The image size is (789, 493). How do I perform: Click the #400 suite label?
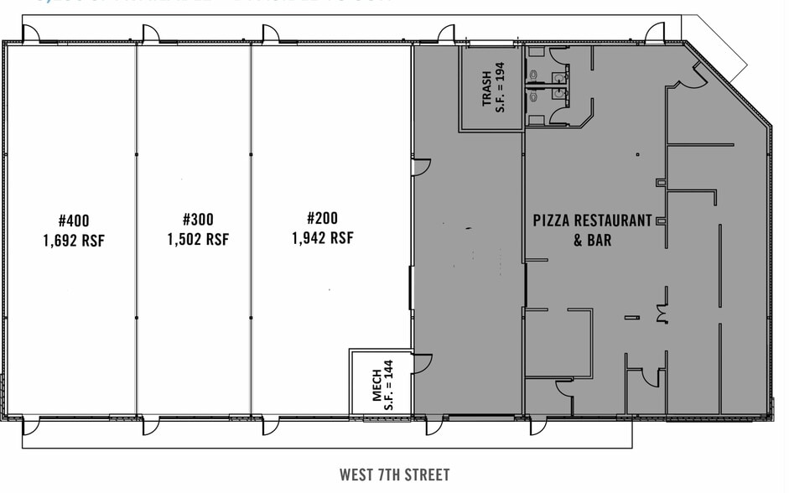(75, 221)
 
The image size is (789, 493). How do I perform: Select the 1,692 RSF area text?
(75, 241)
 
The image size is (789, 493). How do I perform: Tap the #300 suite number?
(198, 220)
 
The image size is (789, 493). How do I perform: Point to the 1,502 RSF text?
(198, 240)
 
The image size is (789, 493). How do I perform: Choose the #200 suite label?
(322, 218)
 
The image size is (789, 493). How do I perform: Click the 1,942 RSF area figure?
(322, 238)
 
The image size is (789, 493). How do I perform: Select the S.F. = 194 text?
(501, 89)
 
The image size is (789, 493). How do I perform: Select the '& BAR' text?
(592, 241)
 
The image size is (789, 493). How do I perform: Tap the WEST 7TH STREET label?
(394, 475)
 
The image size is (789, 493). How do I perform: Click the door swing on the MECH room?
(422, 362)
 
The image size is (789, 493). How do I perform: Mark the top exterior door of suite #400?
(30, 34)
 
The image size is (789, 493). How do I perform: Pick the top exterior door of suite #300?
(151, 34)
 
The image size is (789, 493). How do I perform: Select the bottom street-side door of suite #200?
(272, 426)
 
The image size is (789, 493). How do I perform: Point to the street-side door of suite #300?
(151, 426)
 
